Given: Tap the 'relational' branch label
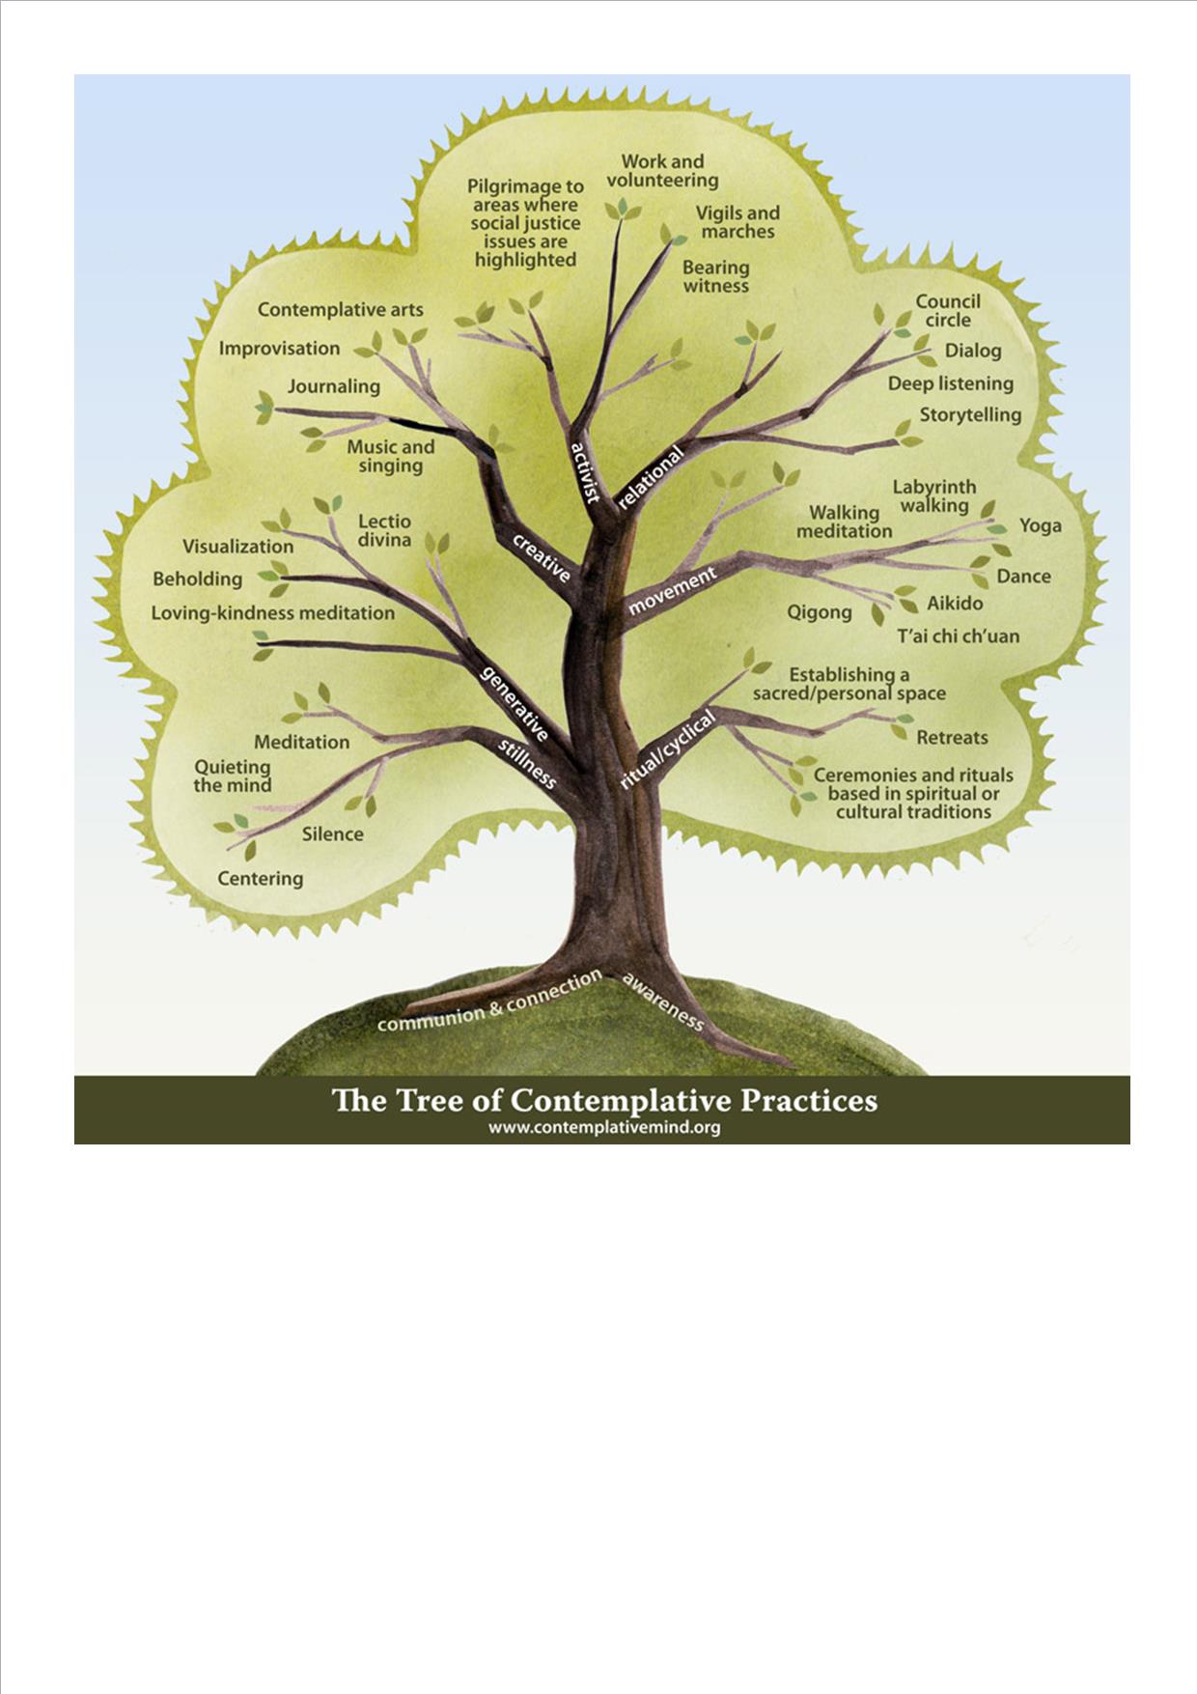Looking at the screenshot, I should pos(651,477).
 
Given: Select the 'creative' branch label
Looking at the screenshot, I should pos(542,557).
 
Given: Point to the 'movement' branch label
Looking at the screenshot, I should pos(673,590).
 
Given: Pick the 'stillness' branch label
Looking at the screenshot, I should pos(527,763).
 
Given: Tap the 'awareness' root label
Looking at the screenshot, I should pos(663,1001).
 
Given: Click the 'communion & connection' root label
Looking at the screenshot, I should pos(489,1002).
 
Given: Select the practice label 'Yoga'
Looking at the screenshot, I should pos(1041,525).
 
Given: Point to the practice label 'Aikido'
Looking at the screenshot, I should pos(955,604).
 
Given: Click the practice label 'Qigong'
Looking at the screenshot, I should pos(820,611).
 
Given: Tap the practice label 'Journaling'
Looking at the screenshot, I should pos(334,386).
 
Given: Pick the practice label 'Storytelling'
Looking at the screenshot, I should pos(970,415).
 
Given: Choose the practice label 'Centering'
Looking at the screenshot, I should pos(261,879).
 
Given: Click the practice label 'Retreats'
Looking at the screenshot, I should pos(952,738).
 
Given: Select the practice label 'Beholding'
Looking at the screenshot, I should pos(198,579).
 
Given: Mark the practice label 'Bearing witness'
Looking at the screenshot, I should pos(716,277).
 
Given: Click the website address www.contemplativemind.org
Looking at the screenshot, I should pos(604,1127).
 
